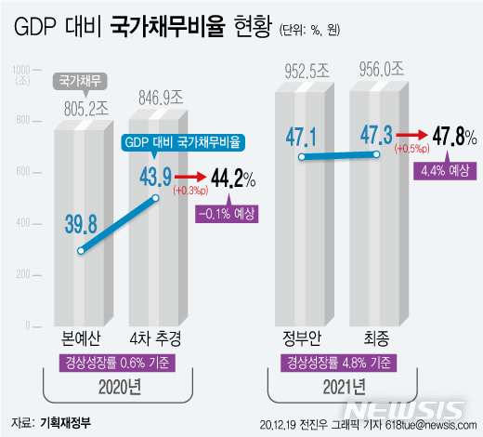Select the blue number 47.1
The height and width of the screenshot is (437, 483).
pos(304,137)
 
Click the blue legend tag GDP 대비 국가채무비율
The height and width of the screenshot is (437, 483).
pos(184,142)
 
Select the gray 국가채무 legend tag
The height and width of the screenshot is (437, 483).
pos(81,81)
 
